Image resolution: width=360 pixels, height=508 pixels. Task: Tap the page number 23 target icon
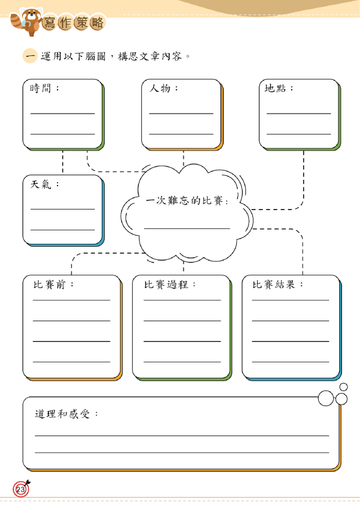[x=22, y=488]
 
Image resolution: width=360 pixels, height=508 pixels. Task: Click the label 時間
[x=40, y=88]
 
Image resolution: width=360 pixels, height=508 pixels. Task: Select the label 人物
[x=159, y=88]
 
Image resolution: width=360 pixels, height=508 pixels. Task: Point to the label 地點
[x=275, y=88]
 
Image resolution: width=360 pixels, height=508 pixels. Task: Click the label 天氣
[x=41, y=184]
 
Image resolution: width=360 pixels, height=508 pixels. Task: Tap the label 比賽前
[x=49, y=285]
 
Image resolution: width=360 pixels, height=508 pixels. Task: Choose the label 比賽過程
[x=166, y=285]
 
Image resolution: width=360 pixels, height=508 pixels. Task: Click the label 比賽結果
[x=274, y=285]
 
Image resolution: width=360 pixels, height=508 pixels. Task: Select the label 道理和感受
[x=62, y=414]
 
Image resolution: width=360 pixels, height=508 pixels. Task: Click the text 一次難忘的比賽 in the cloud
[x=184, y=201]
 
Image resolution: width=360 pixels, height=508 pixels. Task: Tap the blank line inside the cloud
[x=187, y=229]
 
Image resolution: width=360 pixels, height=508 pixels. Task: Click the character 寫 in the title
[x=49, y=23]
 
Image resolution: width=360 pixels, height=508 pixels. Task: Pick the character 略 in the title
[x=97, y=23]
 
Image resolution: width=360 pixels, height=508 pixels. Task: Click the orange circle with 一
[x=30, y=56]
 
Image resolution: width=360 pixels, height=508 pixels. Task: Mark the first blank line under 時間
[x=62, y=113]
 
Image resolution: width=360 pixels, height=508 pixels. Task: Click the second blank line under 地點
[x=299, y=134]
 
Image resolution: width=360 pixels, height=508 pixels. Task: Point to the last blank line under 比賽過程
[x=182, y=362]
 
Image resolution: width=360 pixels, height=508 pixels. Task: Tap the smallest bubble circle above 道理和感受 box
[x=344, y=387]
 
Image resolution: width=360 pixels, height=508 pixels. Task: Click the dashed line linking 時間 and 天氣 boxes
[x=63, y=162]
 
